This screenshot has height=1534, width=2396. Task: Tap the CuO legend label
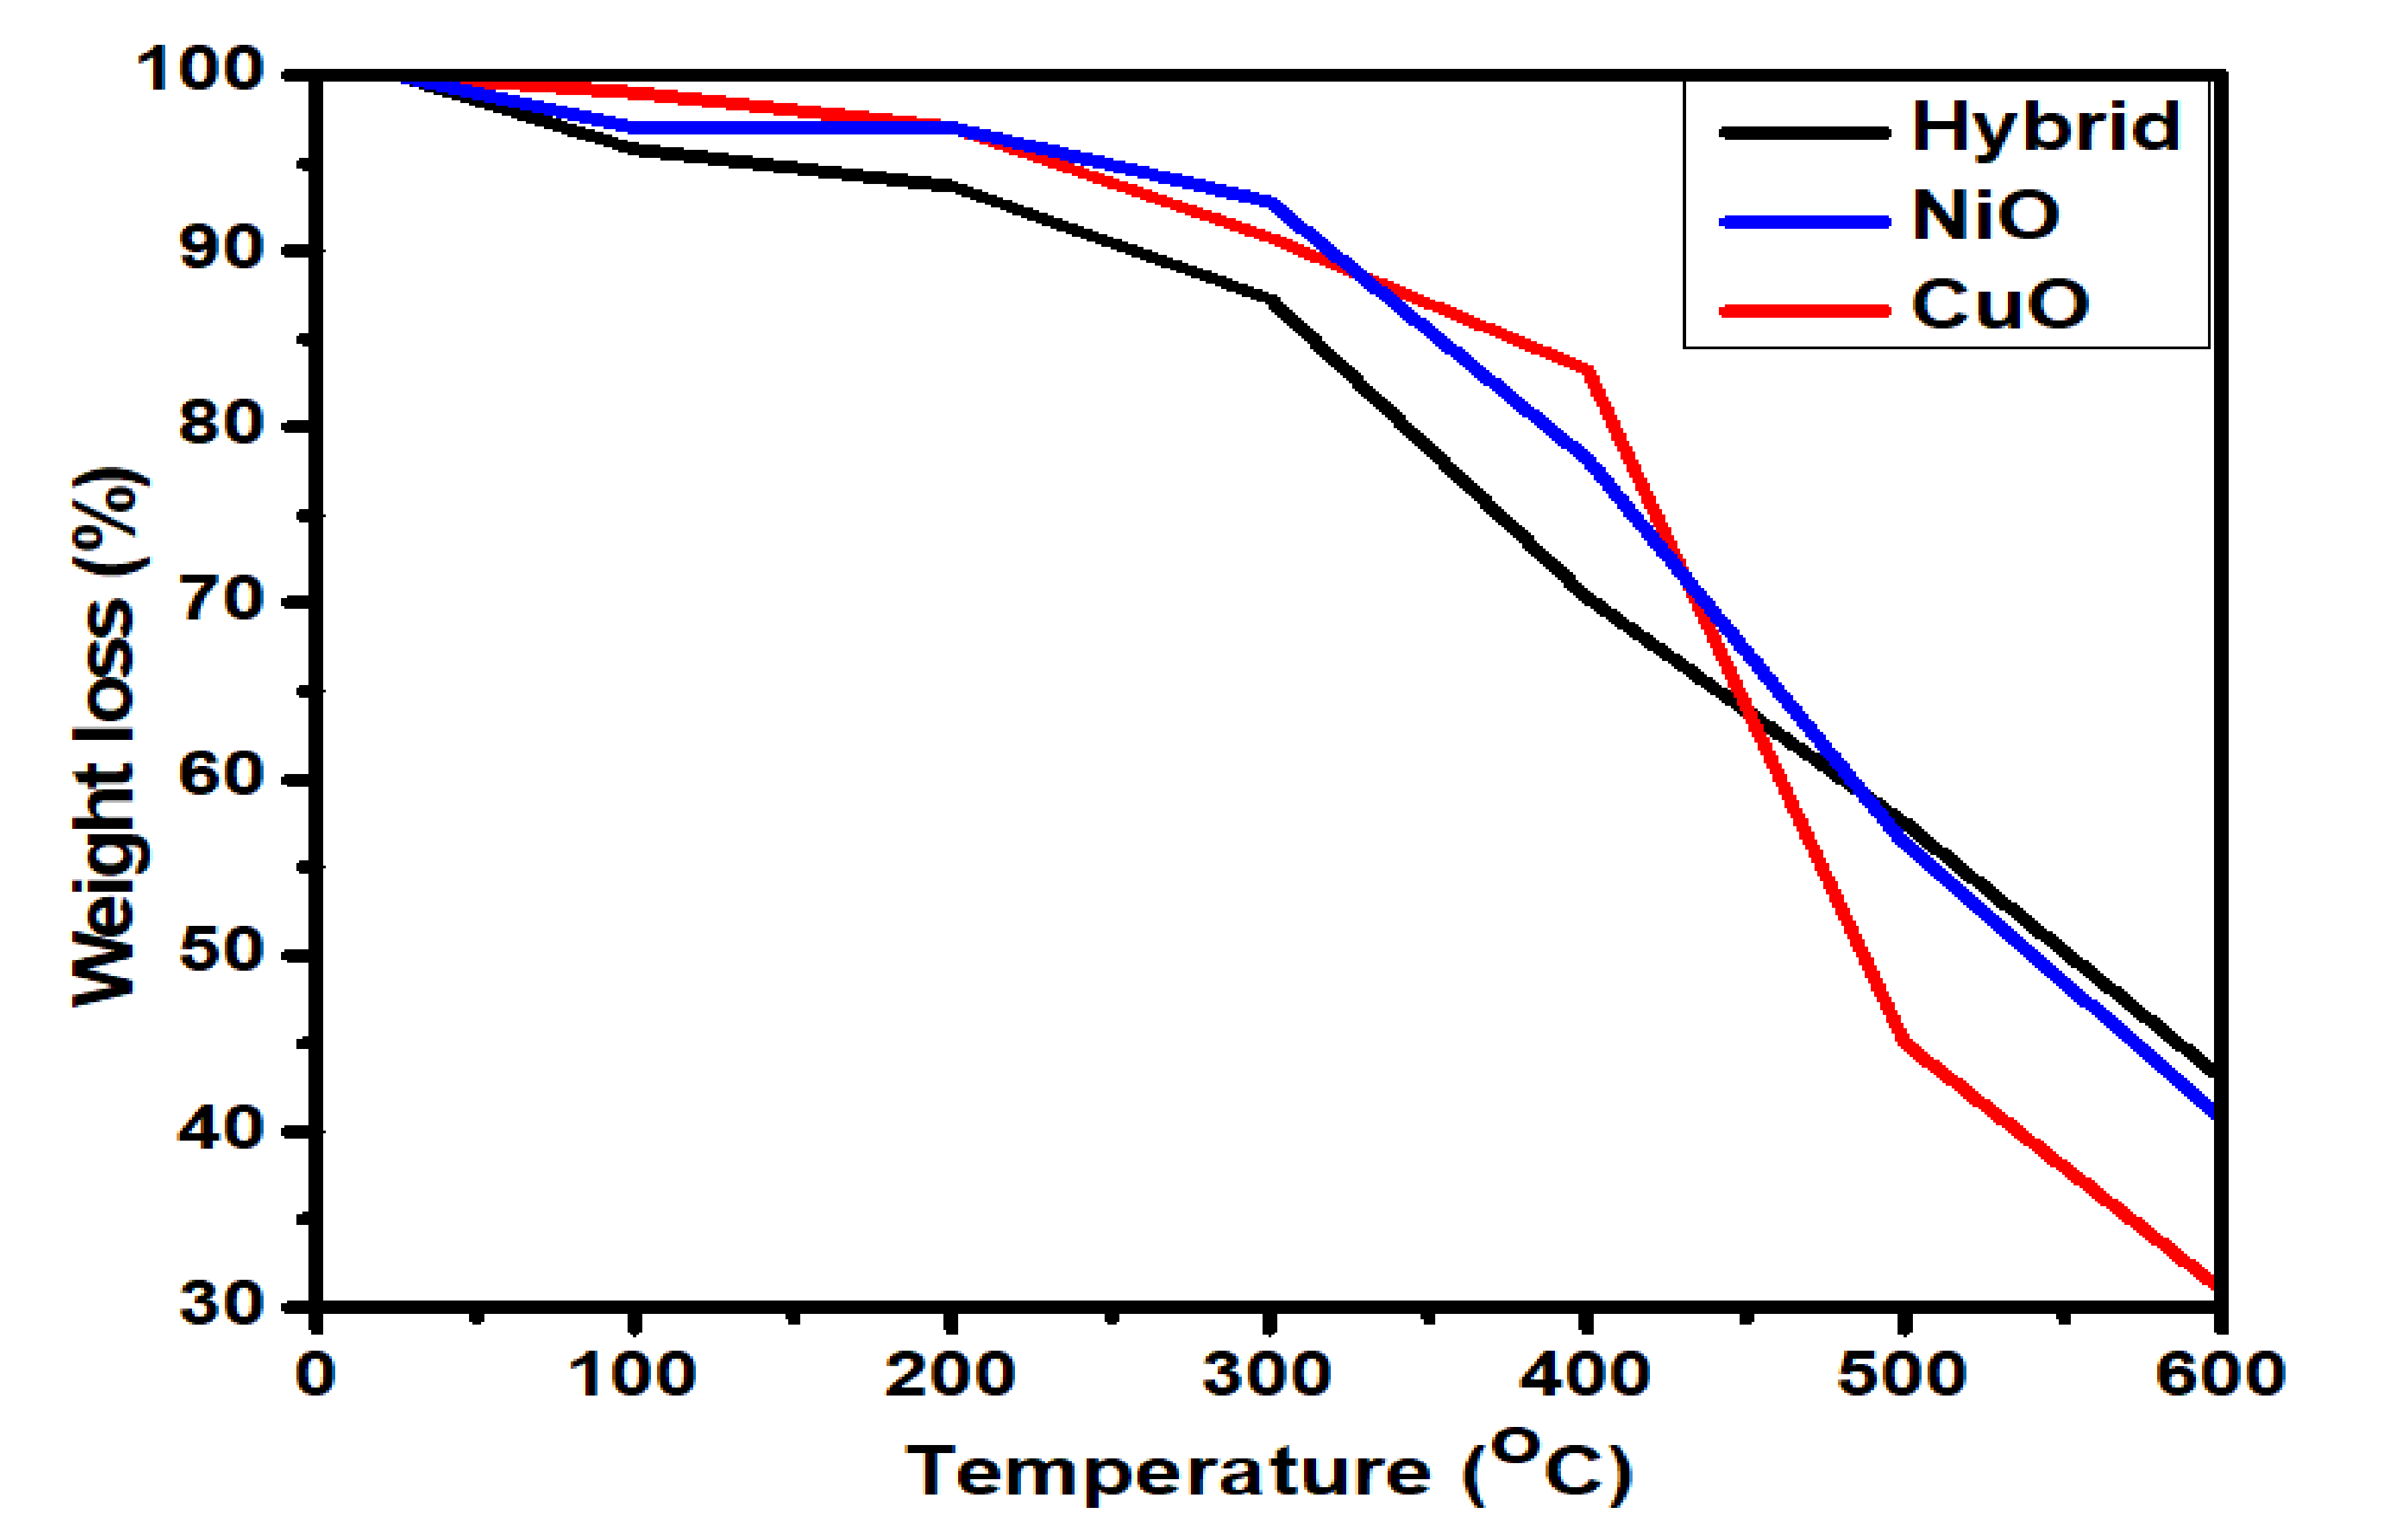point(1999,305)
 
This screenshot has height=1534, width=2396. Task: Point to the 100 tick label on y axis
point(199,72)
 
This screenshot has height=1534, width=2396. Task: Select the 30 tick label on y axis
point(221,1305)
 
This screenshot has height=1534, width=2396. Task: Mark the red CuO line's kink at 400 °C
point(1587,371)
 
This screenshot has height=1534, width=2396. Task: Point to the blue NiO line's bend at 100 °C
point(634,128)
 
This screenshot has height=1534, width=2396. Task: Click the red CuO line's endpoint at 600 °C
point(2214,1285)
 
